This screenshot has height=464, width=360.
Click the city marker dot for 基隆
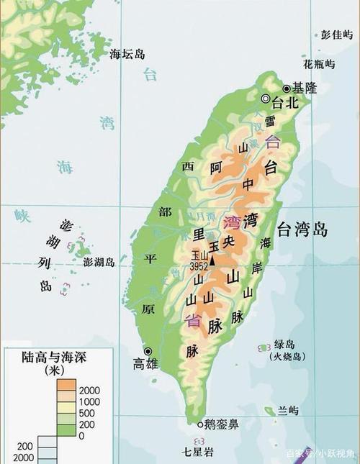287,88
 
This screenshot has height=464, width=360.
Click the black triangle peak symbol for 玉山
212,255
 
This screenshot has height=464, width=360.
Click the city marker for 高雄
149,351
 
